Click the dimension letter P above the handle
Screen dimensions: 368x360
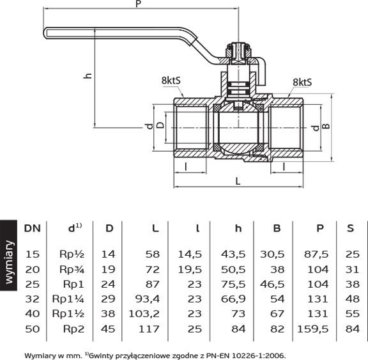[139, 4]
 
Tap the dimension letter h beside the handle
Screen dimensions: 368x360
[88, 75]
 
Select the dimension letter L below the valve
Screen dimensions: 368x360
[238, 182]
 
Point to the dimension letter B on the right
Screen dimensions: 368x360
[326, 126]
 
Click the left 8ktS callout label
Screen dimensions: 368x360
[171, 81]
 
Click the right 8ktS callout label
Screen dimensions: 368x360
[302, 82]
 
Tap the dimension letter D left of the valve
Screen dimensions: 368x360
[160, 125]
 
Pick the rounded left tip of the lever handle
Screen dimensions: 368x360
[44, 33]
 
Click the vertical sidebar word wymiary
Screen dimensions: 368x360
[9, 262]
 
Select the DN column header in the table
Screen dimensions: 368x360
[33, 228]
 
